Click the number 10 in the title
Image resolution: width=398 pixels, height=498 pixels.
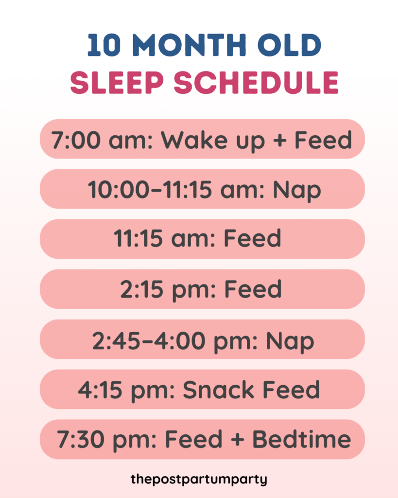point(104,45)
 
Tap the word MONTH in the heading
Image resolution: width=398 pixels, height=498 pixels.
point(190,45)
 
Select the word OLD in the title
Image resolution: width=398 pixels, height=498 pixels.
point(290,45)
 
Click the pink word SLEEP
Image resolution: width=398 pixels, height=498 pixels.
point(117,83)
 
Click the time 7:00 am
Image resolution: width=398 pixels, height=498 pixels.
point(102,140)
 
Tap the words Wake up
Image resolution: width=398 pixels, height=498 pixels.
point(213,140)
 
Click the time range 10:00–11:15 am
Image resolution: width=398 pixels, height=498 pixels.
point(176,190)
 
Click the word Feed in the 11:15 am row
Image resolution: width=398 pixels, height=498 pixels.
point(253,238)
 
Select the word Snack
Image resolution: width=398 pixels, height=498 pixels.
point(218,390)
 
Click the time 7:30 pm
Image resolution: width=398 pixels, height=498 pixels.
point(107,440)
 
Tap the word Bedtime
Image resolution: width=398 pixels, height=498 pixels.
point(301,440)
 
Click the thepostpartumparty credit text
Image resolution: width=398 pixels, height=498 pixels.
point(199,479)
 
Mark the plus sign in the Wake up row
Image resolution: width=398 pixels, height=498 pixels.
point(280,140)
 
